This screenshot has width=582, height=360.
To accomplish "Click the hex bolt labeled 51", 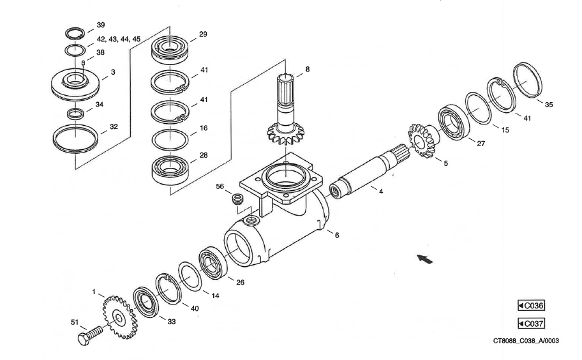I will point(88,336).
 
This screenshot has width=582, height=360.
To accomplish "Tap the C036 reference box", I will point(531,306).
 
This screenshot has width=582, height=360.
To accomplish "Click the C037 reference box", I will point(531,324).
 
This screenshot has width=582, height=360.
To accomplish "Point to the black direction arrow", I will point(422,259).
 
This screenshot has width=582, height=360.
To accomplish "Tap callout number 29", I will point(203,34).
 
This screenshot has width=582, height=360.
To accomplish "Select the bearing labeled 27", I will point(454,123).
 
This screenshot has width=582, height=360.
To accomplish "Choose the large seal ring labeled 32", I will point(75,138).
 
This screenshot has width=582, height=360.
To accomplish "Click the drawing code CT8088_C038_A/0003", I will point(526,341).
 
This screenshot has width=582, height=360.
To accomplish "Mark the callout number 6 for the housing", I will point(337,235).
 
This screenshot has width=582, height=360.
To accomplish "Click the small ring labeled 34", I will point(76,114).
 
